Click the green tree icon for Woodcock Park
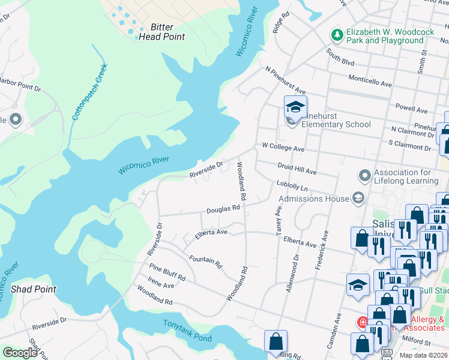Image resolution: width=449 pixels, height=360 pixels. tap(337, 35)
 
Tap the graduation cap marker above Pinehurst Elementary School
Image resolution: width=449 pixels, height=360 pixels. tap(295, 107)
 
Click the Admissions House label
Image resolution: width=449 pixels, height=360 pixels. tap(313, 199)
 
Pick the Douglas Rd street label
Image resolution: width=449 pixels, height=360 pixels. tap(223, 210)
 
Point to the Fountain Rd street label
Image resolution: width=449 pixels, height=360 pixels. tap(205, 262)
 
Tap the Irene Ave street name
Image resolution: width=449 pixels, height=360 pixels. tap(161, 286)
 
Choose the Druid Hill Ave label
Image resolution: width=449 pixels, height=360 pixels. tap(297, 169)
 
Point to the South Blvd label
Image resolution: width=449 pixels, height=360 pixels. tap(340, 58)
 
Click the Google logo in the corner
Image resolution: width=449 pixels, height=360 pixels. tap(19, 353)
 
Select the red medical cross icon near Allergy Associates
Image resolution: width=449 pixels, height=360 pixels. tap(362, 323)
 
